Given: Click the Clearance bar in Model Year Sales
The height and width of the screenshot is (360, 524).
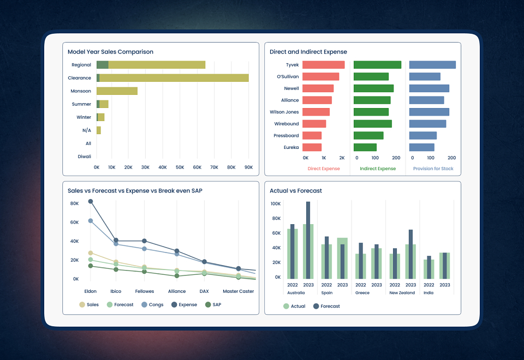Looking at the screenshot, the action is pyautogui.click(x=172, y=78).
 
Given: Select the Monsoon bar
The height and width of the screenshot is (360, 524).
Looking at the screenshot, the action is pyautogui.click(x=117, y=91).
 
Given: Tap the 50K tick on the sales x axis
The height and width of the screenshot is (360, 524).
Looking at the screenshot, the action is pyautogui.click(x=180, y=167).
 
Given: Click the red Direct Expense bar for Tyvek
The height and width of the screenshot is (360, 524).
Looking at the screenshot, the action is pyautogui.click(x=324, y=65).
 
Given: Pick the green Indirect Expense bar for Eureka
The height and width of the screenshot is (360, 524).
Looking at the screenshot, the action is pyautogui.click(x=365, y=147).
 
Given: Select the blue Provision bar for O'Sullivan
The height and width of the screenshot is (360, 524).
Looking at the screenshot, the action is pyautogui.click(x=425, y=76).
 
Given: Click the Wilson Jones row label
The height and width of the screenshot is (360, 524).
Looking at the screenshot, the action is pyautogui.click(x=284, y=112).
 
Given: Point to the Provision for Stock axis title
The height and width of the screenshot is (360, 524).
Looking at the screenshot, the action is pyautogui.click(x=433, y=169).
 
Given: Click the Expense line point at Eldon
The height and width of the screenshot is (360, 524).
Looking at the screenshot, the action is pyautogui.click(x=91, y=201).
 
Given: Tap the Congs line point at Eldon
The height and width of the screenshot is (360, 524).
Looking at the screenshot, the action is pyautogui.click(x=91, y=221).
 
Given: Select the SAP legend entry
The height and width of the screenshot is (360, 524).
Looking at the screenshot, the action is pyautogui.click(x=213, y=304).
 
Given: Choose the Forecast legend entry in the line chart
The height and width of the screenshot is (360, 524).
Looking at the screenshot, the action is pyautogui.click(x=120, y=304).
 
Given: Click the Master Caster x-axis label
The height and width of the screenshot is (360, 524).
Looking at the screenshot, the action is pyautogui.click(x=239, y=291).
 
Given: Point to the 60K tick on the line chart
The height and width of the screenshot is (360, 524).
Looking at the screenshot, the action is pyautogui.click(x=75, y=222).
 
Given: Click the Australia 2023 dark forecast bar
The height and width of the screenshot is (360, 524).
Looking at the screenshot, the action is pyautogui.click(x=308, y=240).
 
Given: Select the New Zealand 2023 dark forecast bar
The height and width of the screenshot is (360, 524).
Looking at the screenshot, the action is pyautogui.click(x=410, y=254).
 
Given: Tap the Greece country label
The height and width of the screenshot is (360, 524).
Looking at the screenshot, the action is pyautogui.click(x=362, y=292).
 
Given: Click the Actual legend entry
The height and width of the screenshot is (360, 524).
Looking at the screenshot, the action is pyautogui.click(x=294, y=306).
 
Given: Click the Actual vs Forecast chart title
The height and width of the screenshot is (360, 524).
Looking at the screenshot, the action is pyautogui.click(x=296, y=191).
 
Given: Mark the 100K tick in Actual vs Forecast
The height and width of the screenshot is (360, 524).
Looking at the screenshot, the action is pyautogui.click(x=276, y=203).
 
